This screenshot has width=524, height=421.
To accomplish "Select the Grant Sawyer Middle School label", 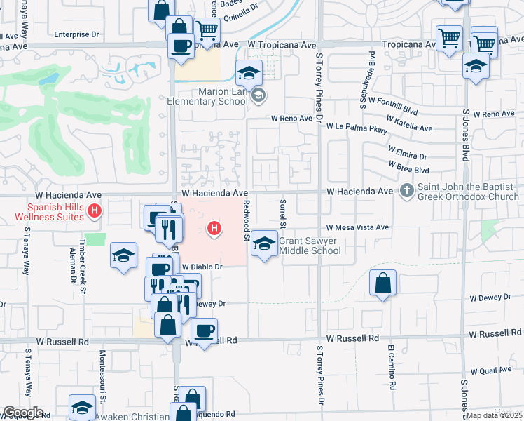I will coord(310,246).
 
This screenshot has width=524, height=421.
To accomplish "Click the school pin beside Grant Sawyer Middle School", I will coord(264,243).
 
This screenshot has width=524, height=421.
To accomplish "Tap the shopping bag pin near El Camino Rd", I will coord(382,283).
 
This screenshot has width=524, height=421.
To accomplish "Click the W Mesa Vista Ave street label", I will coord(357,227).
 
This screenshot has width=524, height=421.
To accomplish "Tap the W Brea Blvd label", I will coord(408,169).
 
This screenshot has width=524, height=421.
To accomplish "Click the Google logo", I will coord(22,413).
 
